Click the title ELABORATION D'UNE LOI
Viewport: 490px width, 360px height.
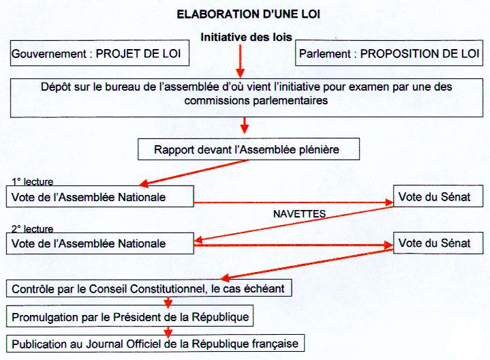point(249,14)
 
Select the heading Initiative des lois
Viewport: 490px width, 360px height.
point(246,37)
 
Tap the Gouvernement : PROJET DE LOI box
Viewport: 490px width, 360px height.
point(99,53)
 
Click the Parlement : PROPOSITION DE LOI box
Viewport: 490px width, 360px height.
point(389,53)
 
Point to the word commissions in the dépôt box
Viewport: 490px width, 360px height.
point(217,101)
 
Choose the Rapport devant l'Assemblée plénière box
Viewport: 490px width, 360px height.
point(249,149)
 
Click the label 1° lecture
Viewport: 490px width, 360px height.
point(33,181)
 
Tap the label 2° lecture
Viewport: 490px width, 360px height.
point(33,229)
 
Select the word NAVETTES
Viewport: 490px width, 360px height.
point(299,214)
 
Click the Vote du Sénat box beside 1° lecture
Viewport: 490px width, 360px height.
point(438,196)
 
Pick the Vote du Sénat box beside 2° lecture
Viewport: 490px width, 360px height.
point(438,243)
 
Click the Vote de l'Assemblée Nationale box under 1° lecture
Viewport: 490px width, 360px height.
point(100,197)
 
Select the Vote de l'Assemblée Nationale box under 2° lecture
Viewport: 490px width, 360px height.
point(100,243)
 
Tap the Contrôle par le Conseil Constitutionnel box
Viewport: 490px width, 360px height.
point(149,288)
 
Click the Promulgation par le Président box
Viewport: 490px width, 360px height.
point(129,316)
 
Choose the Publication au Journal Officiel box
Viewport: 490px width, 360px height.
point(155,344)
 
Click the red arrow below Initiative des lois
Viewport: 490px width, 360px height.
point(240,61)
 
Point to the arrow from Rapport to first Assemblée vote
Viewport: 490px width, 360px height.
point(194,173)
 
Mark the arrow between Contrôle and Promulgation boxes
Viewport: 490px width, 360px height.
point(168,302)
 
